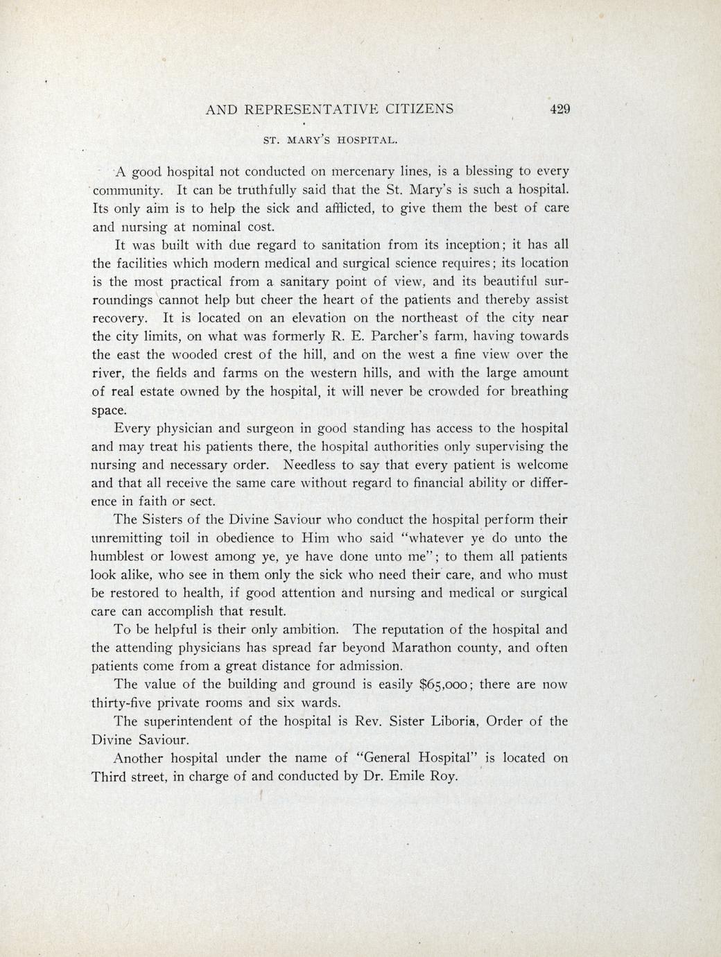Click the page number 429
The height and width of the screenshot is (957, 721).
pos(559,109)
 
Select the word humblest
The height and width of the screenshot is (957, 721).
pos(121,556)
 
